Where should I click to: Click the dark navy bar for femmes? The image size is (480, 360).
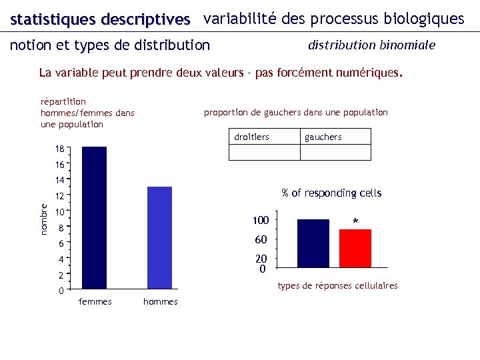coord(94,217)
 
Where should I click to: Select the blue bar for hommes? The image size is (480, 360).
coord(159,237)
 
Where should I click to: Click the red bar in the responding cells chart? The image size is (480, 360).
coord(355,248)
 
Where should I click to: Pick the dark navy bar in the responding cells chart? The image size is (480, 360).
coord(313,243)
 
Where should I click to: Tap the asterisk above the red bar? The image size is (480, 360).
coord(355,221)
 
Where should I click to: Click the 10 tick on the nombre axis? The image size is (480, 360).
coord(59,212)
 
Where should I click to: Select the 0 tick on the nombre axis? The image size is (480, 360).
coord(61,291)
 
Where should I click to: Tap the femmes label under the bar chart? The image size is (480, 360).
coord(95,302)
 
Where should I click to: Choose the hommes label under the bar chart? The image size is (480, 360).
coord(160,302)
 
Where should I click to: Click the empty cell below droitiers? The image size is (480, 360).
coord(264,153)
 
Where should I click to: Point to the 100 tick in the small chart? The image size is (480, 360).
coord(260,221)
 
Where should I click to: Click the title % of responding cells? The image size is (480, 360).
coord(331,193)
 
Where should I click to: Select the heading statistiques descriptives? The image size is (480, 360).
coord(101,19)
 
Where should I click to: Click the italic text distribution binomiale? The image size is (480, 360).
coord(371,45)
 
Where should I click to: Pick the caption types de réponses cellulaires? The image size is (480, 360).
coord(337,285)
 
